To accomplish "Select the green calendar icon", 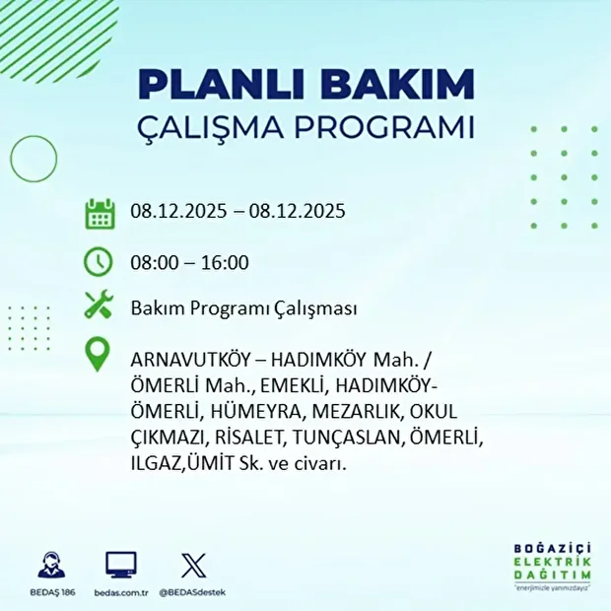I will pyautogui.click(x=100, y=213).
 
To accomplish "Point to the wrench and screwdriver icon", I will pyautogui.click(x=100, y=306).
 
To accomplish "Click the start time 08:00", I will pyautogui.click(x=154, y=262).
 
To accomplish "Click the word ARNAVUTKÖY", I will pyautogui.click(x=188, y=356).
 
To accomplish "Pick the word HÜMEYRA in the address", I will pyautogui.click(x=255, y=411).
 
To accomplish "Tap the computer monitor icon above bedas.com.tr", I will pyautogui.click(x=121, y=565).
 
